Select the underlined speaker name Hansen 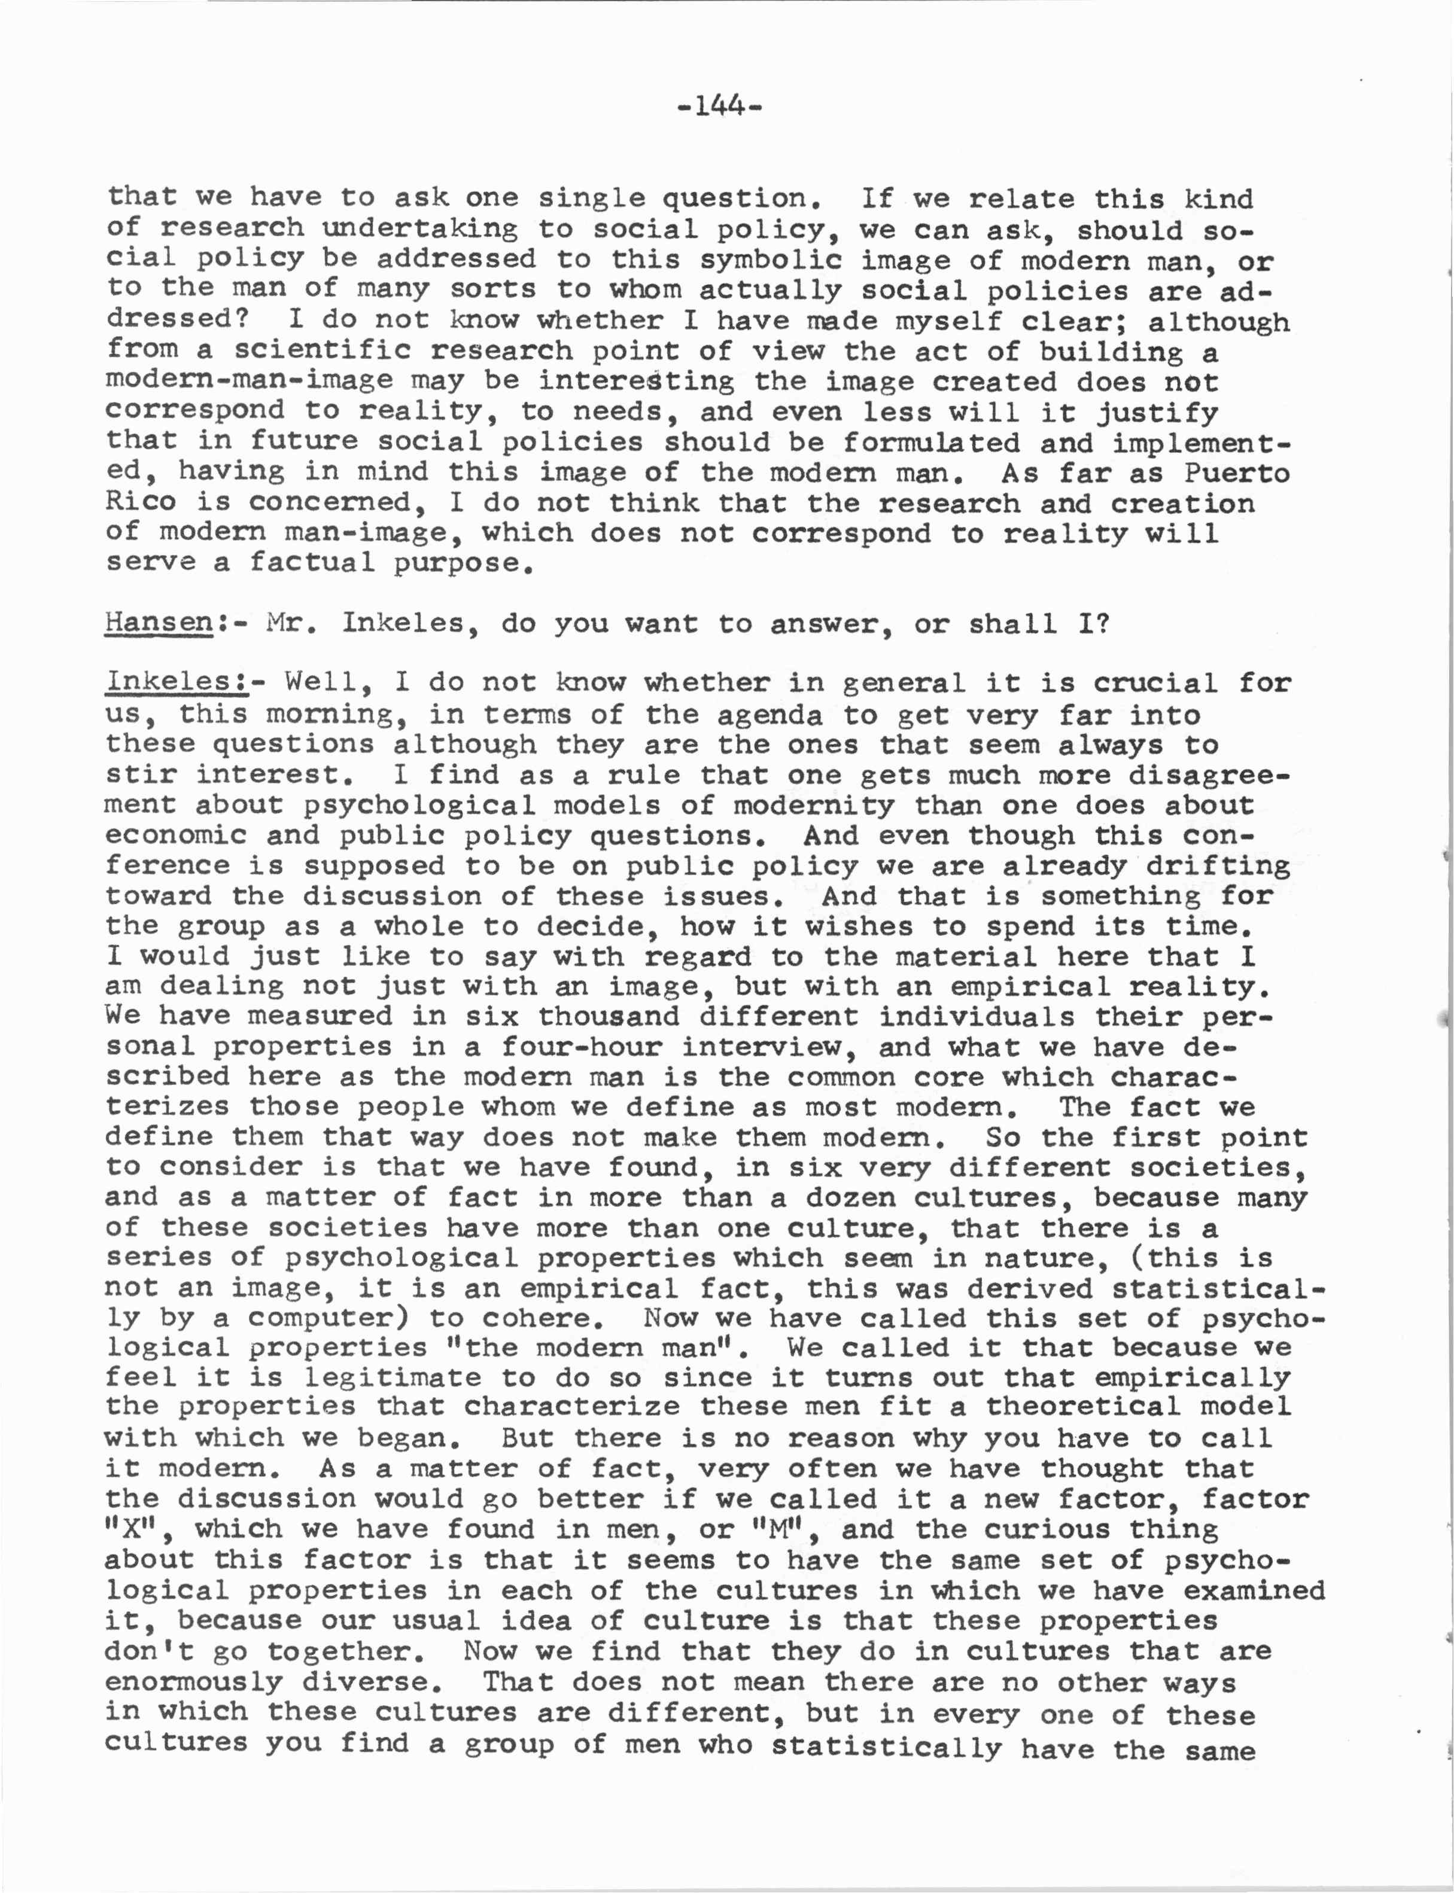click(x=159, y=623)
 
